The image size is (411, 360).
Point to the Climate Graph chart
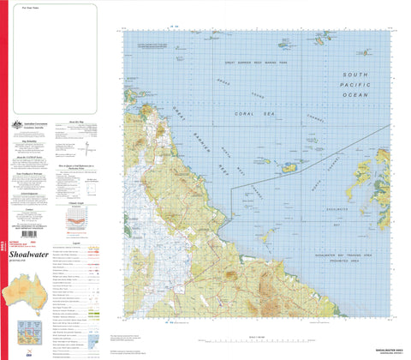coord(77,214)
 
